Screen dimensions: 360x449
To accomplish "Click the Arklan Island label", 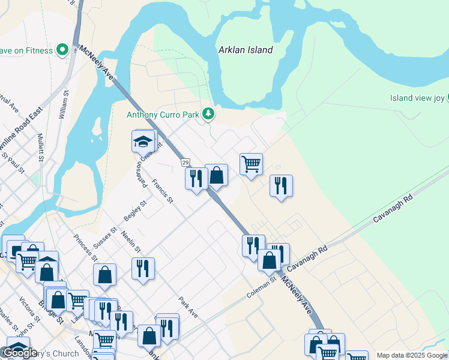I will (x=246, y=50).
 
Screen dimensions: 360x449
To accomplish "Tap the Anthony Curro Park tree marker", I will (x=208, y=113).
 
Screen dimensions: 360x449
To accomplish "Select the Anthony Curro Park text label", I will (x=163, y=114).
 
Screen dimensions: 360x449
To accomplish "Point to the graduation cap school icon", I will (x=143, y=142).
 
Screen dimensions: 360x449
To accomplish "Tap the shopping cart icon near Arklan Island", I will (x=251, y=163).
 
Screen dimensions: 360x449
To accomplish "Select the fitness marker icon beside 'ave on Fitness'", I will (x=62, y=50).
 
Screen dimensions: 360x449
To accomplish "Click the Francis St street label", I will (x=162, y=191).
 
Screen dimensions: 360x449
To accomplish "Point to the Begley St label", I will (x=135, y=211).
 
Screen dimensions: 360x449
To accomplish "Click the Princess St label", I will (x=86, y=248).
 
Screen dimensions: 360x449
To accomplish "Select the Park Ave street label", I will (x=188, y=307).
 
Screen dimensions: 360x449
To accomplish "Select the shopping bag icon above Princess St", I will (x=105, y=274).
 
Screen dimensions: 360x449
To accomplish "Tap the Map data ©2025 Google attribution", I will (x=411, y=355).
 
